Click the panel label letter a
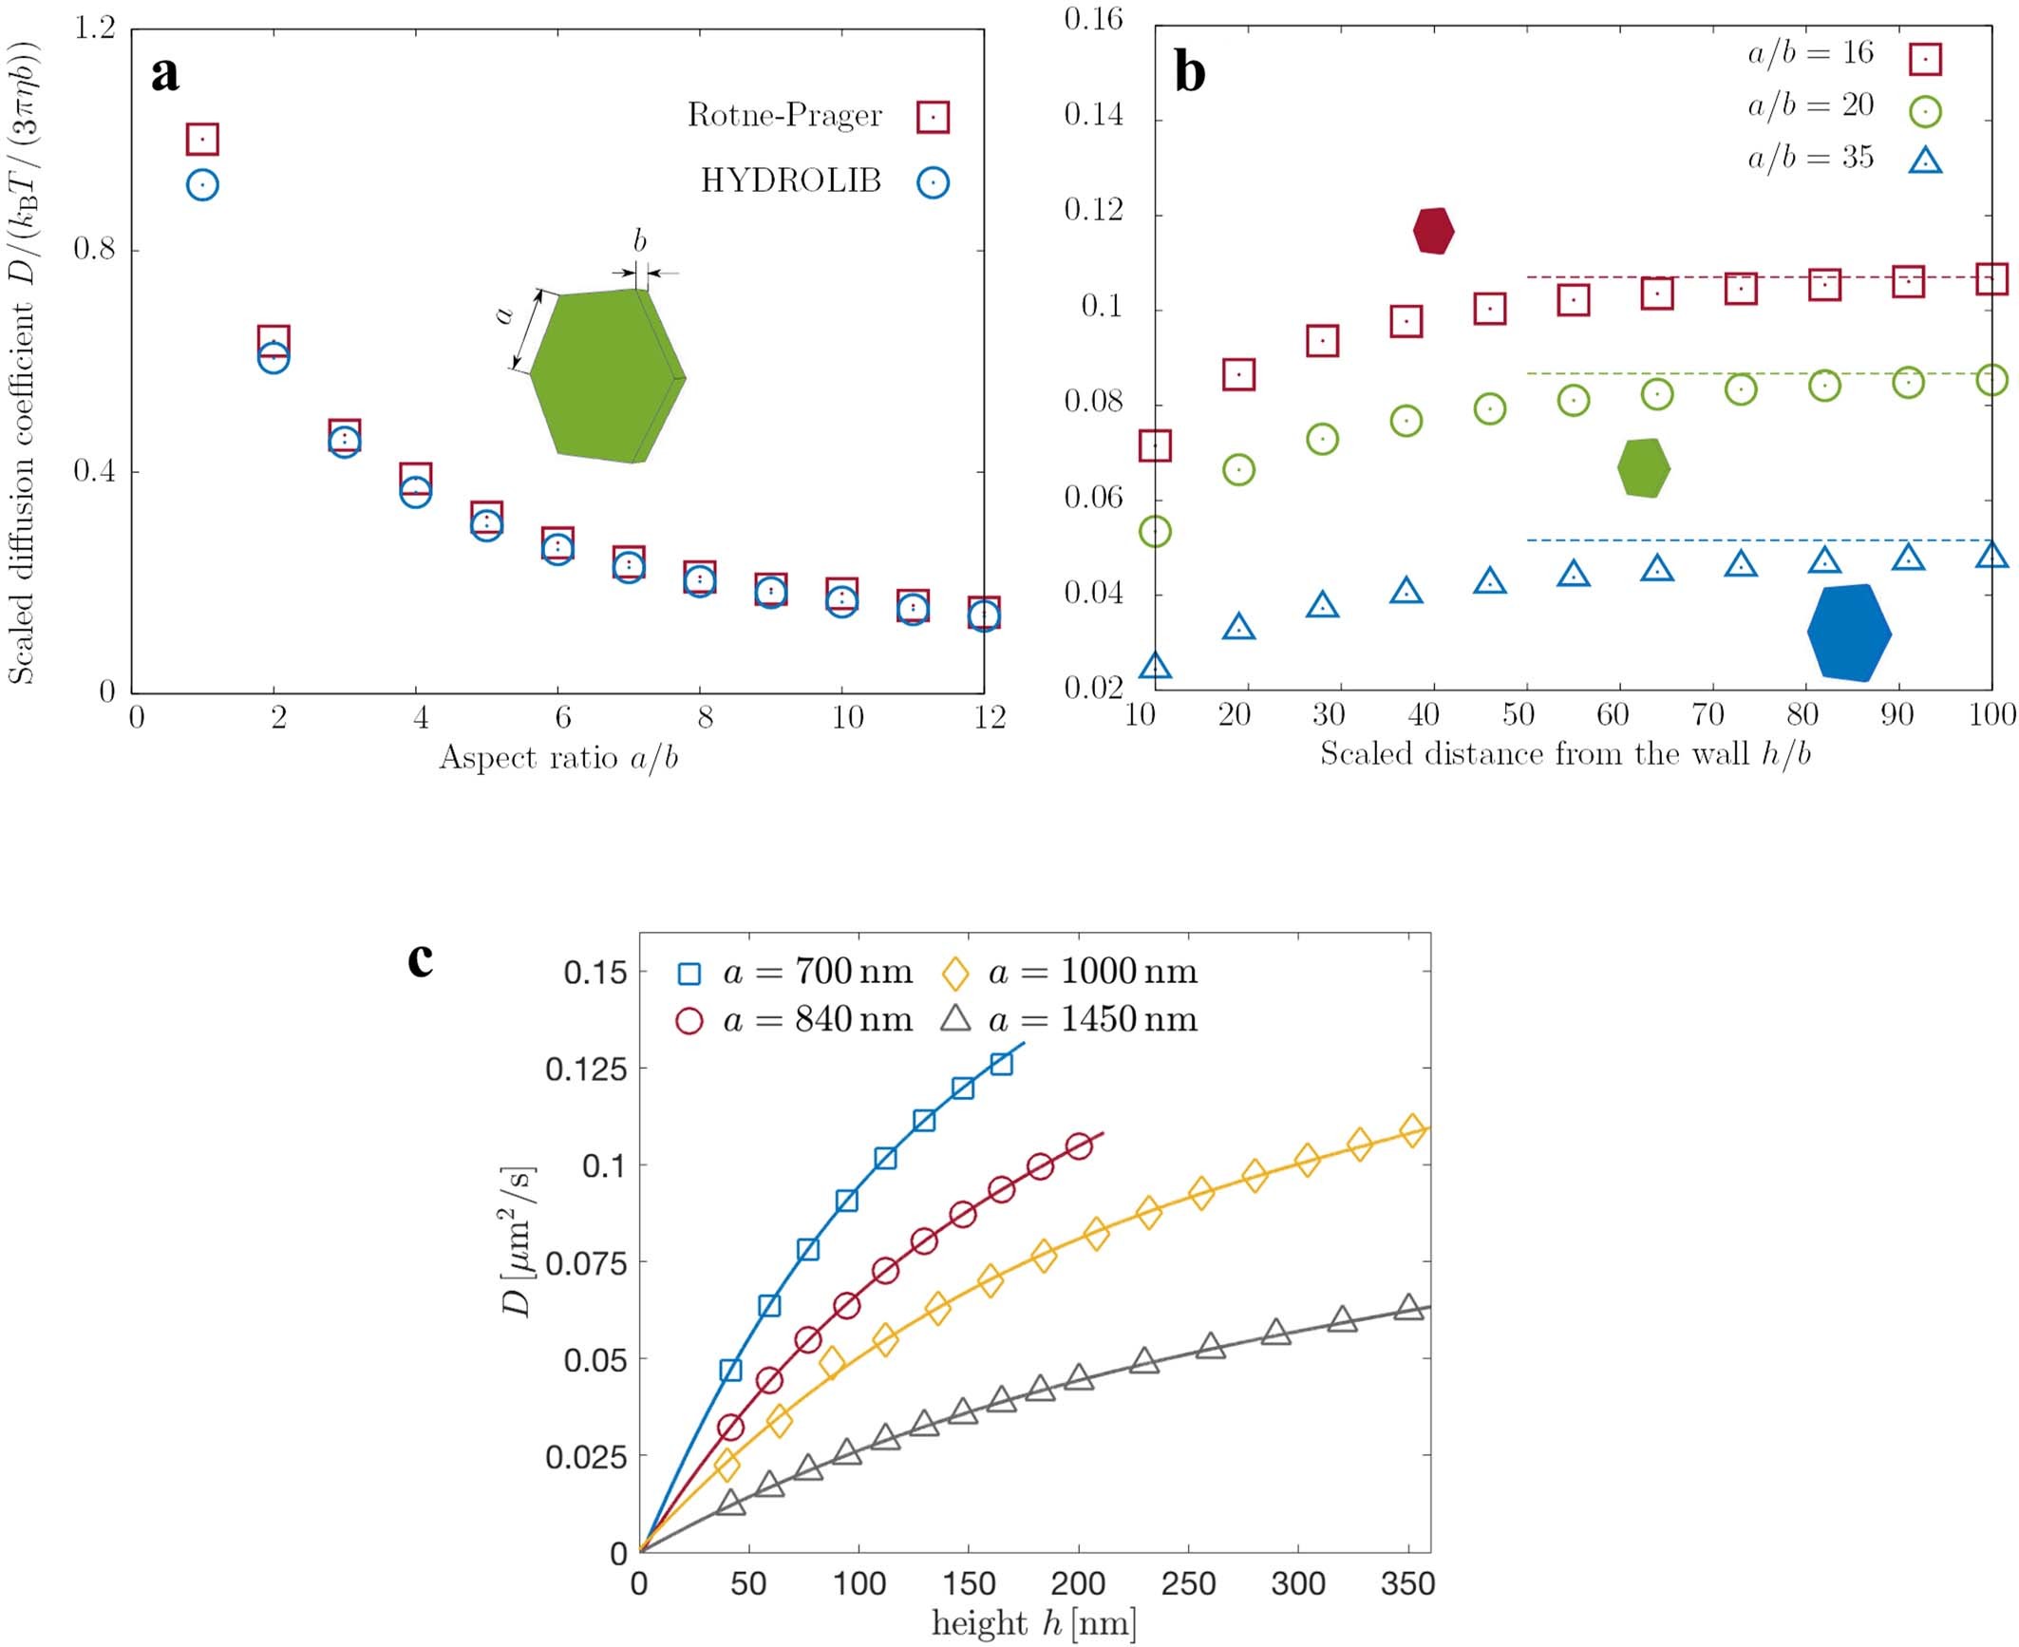point(165,74)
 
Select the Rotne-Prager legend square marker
point(933,117)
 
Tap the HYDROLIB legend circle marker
point(933,182)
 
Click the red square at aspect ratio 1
point(202,140)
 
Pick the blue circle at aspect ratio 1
point(202,184)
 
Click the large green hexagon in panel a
point(606,377)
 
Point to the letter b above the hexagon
point(639,241)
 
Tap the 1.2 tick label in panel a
point(95,28)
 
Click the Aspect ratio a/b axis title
point(558,758)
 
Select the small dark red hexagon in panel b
point(1433,231)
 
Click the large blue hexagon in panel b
point(1848,633)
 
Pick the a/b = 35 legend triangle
point(1925,161)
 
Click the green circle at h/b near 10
point(1155,531)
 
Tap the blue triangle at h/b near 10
point(1155,666)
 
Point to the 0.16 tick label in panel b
point(1093,19)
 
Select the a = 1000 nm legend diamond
point(954,974)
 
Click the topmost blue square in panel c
point(1001,1064)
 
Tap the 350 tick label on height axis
point(1407,1583)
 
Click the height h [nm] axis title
point(1033,1623)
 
